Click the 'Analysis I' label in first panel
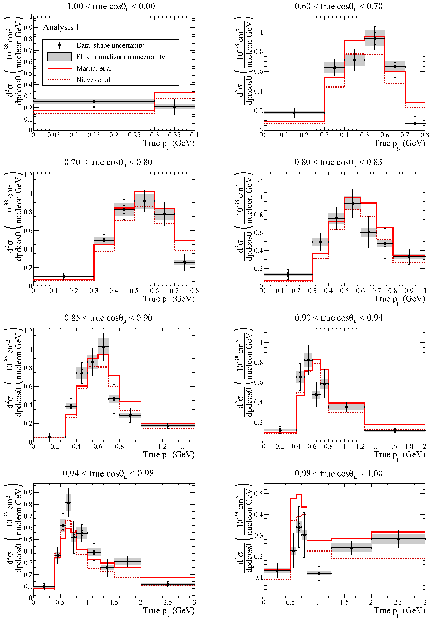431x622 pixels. coord(61,27)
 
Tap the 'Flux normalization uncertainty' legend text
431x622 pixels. coord(120,57)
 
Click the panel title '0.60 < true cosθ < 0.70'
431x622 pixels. coord(339,6)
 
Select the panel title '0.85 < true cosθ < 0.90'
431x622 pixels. coord(108,318)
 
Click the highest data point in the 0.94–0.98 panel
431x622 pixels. coord(68,502)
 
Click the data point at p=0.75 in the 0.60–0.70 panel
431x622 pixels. coord(415,124)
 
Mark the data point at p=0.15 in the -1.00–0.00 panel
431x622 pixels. coord(94,101)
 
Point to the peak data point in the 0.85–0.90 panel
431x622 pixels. coord(103,347)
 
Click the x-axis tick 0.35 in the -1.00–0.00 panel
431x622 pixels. coord(174,135)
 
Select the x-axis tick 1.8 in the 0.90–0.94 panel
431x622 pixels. coord(409,447)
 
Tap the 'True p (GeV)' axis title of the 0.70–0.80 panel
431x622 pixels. coord(169,299)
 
